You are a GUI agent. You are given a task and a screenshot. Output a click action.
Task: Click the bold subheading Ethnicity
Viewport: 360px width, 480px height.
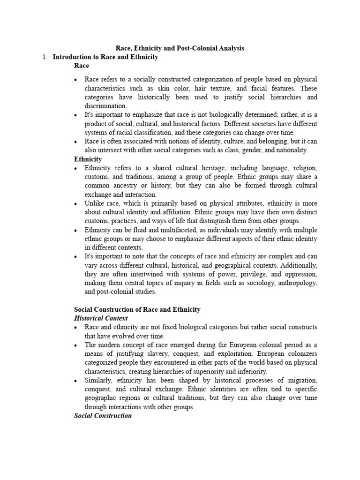pyautogui.click(x=88, y=159)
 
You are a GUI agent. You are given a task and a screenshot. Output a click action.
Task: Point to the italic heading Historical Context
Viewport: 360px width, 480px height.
pyautogui.click(x=101, y=318)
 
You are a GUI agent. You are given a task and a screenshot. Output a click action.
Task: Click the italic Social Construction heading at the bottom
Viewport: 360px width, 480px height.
pyautogui.click(x=103, y=416)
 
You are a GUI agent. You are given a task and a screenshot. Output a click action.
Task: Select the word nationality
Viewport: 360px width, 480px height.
pyautogui.click(x=291, y=150)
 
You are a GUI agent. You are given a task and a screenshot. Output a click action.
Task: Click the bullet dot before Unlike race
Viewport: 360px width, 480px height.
pyautogui.click(x=75, y=204)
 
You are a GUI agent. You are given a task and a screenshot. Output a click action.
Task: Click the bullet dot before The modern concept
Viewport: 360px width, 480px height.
pyautogui.click(x=75, y=345)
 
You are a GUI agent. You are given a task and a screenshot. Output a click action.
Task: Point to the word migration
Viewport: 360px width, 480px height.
pyautogui.click(x=299, y=380)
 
